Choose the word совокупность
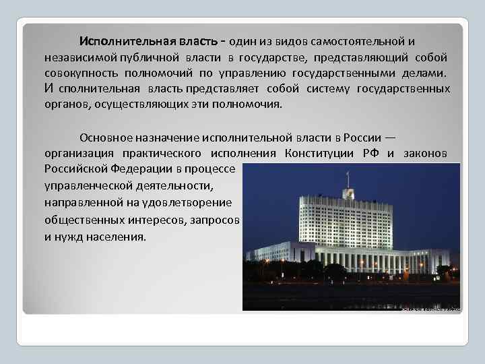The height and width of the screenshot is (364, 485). point(80,73)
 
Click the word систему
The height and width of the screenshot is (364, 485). point(327,88)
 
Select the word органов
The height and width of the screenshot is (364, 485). point(67,104)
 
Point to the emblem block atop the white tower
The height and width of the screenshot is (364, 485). point(348,193)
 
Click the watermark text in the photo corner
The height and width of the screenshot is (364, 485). point(431,309)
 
